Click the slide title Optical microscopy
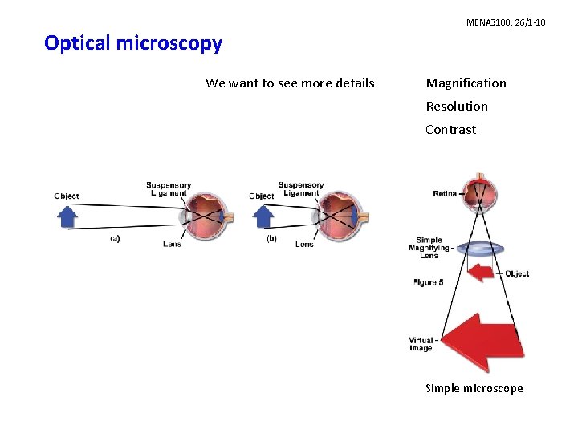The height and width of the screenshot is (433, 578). [x=133, y=43]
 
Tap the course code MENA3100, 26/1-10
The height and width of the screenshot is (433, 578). [x=506, y=22]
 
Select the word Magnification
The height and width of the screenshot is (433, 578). [x=466, y=83]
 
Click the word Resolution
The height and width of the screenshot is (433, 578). [x=457, y=107]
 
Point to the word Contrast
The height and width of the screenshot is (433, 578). [x=450, y=130]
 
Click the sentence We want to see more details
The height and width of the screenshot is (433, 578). [x=290, y=83]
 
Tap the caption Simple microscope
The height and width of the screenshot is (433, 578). [x=474, y=389]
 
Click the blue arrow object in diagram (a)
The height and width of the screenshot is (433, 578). [x=69, y=216]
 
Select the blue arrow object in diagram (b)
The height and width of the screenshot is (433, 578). [x=263, y=216]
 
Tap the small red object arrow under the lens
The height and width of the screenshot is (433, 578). [x=481, y=273]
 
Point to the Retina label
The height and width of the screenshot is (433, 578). [x=445, y=193]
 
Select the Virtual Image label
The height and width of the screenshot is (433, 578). [x=421, y=343]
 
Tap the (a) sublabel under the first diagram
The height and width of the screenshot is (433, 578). [x=115, y=238]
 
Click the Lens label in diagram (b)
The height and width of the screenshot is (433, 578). [x=304, y=244]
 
